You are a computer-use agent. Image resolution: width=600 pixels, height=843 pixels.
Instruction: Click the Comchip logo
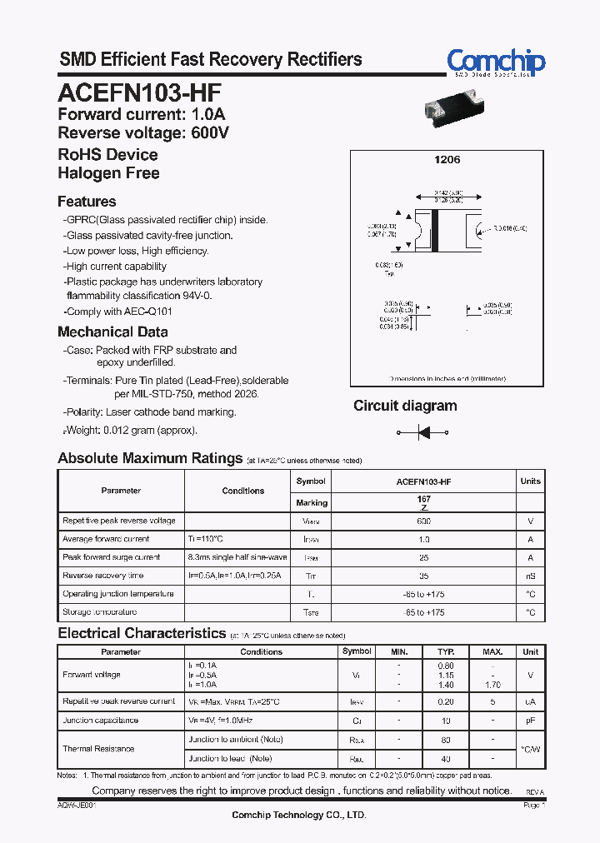(x=496, y=62)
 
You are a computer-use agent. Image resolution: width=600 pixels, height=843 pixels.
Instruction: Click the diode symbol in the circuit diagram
(x=422, y=432)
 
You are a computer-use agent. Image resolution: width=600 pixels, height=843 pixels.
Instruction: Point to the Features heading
(x=87, y=202)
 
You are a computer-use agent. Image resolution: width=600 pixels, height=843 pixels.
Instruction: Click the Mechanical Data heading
(x=112, y=332)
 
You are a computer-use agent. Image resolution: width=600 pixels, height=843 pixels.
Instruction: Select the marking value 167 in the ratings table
(x=423, y=499)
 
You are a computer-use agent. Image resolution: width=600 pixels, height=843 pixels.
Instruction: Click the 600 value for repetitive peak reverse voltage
(x=423, y=521)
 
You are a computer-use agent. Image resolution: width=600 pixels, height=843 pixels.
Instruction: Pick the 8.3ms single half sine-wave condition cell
(x=237, y=557)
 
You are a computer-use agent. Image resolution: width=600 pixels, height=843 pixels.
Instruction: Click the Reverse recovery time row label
(x=102, y=576)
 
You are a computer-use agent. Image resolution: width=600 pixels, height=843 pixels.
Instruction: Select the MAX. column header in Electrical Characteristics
(x=492, y=651)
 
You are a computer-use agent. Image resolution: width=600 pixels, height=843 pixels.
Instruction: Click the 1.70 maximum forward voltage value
(x=492, y=684)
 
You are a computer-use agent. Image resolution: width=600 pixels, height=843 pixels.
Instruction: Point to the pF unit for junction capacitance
(x=530, y=721)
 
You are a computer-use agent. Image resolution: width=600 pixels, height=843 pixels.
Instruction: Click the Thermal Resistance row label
(x=98, y=749)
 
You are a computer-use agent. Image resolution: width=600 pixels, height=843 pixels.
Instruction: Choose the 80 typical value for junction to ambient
(x=446, y=740)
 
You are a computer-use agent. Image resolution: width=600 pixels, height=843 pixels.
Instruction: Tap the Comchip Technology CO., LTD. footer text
(x=298, y=815)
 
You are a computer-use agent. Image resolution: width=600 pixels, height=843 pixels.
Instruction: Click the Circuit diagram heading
(x=405, y=406)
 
